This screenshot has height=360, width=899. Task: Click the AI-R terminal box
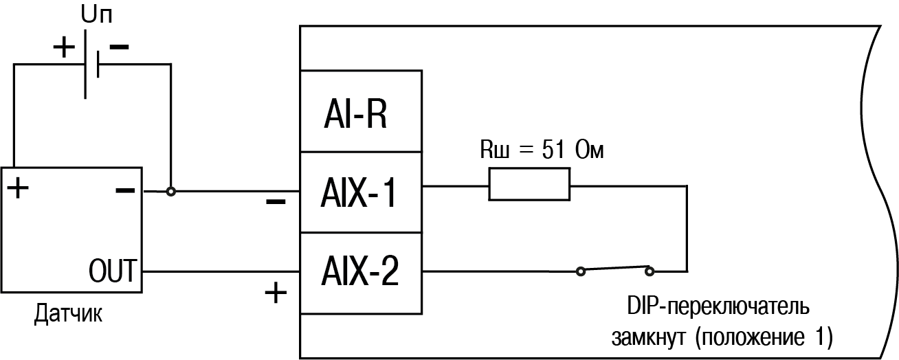tap(362, 111)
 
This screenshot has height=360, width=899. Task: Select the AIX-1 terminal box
tap(362, 193)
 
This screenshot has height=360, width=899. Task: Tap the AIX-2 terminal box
tap(362, 272)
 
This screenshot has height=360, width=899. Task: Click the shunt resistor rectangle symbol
tap(529, 185)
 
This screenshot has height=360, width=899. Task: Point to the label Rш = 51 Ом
tap(542, 150)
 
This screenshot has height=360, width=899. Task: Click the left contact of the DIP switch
tap(581, 271)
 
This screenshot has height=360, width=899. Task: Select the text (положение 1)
tap(764, 337)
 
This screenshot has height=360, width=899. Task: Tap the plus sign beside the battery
tap(63, 47)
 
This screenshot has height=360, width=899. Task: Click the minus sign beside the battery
tap(119, 47)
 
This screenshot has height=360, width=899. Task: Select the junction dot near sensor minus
tap(171, 191)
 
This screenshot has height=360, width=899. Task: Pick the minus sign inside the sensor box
tap(125, 190)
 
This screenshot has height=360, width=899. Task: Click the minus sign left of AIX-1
tap(276, 203)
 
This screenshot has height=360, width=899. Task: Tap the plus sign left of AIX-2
tap(276, 294)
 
